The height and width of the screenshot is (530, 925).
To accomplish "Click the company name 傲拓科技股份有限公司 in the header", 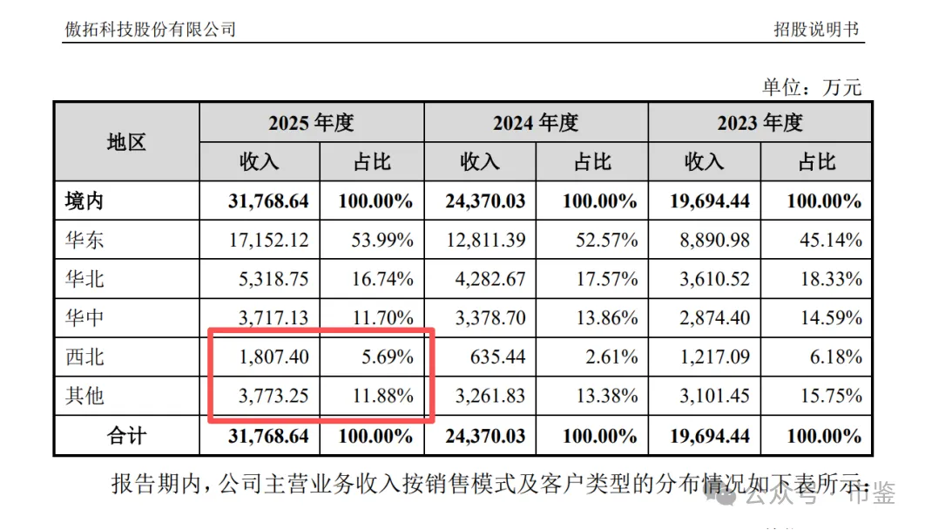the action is pyautogui.click(x=151, y=29).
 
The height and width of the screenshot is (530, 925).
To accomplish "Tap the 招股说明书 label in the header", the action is pyautogui.click(x=816, y=29).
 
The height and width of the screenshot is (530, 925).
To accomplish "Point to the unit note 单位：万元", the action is pyautogui.click(x=812, y=87).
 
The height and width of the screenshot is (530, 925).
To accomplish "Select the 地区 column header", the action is pyautogui.click(x=126, y=142).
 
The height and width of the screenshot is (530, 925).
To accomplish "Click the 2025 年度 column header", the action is pyautogui.click(x=311, y=123).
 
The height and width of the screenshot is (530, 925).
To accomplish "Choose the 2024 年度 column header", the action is pyautogui.click(x=536, y=123).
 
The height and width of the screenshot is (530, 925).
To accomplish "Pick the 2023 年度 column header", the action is pyautogui.click(x=760, y=123).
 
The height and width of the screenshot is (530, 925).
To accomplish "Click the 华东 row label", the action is pyautogui.click(x=84, y=240).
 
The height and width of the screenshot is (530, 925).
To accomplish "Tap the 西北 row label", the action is pyautogui.click(x=84, y=357).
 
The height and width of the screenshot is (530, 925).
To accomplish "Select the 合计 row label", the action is pyautogui.click(x=126, y=436).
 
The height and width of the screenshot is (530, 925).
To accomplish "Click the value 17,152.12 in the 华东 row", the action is pyautogui.click(x=269, y=240).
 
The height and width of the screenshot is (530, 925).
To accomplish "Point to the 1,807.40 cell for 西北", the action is pyautogui.click(x=273, y=357).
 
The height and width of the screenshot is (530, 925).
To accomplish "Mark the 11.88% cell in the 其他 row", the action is pyautogui.click(x=383, y=396).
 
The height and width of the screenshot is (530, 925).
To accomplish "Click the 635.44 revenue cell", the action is pyautogui.click(x=497, y=357).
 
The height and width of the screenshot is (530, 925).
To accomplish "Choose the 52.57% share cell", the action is pyautogui.click(x=607, y=240).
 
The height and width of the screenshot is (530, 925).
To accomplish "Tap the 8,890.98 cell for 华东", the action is pyautogui.click(x=714, y=240).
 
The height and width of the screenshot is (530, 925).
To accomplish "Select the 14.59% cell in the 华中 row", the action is pyautogui.click(x=831, y=317).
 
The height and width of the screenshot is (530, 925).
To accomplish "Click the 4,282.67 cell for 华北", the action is pyautogui.click(x=490, y=279).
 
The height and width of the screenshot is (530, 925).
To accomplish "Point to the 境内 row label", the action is pyautogui.click(x=84, y=201).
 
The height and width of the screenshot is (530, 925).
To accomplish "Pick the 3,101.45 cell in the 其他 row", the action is pyautogui.click(x=714, y=396).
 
